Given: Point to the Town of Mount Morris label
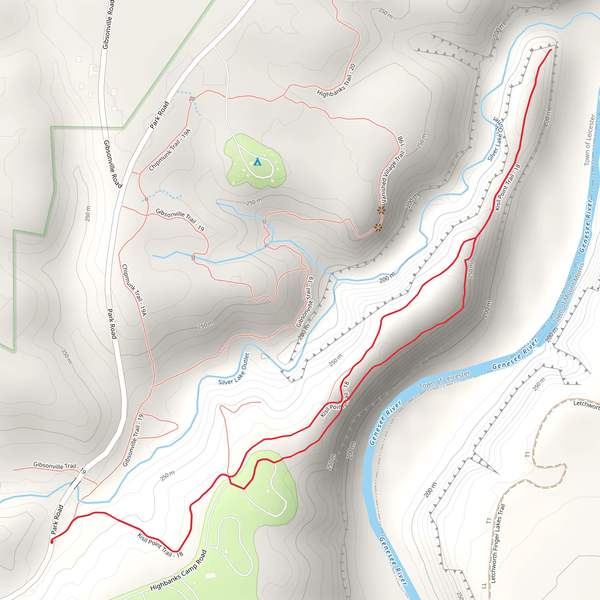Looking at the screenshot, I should coord(568,293).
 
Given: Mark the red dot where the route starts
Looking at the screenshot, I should coord(52,542).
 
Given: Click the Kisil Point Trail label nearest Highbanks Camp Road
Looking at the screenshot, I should coord(160,545).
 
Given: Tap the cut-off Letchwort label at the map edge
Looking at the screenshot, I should coord(586,405).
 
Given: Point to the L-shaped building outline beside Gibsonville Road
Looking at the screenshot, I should coord(93,71).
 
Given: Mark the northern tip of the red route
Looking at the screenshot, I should coord(550,50).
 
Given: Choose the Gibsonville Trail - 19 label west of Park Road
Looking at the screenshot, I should coord(60,466).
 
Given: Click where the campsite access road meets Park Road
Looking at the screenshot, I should coord(214,47).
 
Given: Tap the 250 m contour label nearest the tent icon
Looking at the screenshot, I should coord(254,202).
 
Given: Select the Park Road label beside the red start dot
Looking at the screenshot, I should coord(57,519).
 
